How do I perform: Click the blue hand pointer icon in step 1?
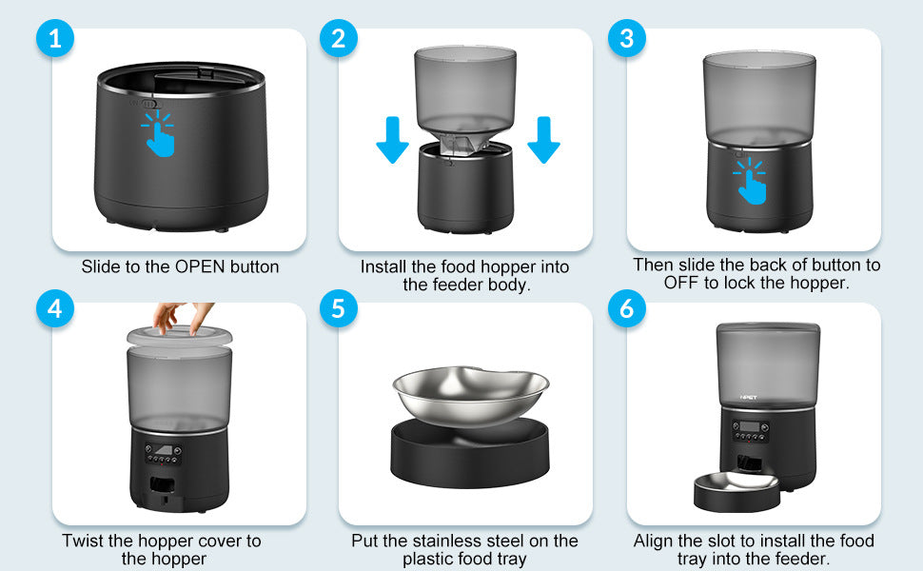click(160, 133)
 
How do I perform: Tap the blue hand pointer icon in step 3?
click(752, 179)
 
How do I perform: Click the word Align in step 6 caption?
click(655, 541)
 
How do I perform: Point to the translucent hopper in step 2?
click(466, 90)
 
